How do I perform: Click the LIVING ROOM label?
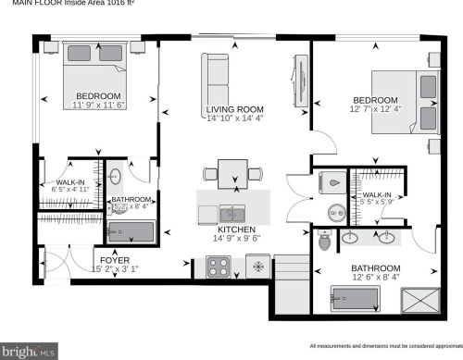click(x=233, y=110)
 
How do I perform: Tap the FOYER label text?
click(x=115, y=260)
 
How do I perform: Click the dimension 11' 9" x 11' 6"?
click(x=97, y=106)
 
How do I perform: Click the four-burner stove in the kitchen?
click(x=219, y=267)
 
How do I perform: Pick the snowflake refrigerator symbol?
click(x=257, y=267)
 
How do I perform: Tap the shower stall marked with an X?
click(x=416, y=299)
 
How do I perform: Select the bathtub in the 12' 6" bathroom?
click(x=356, y=298)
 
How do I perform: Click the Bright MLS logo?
click(x=30, y=351)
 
